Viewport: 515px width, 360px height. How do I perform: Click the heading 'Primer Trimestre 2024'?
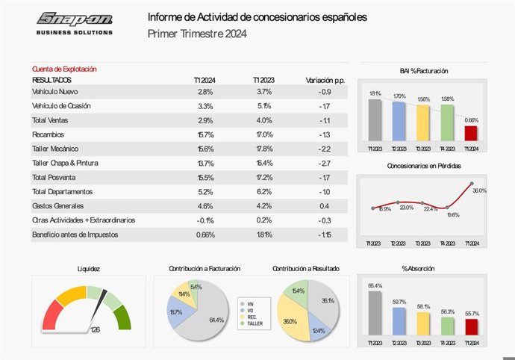pos(197,34)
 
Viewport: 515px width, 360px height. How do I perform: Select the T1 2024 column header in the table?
pos(205,79)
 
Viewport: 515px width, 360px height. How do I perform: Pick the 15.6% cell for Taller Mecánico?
pos(205,149)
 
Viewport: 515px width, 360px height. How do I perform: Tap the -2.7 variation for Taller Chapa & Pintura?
pos(324,163)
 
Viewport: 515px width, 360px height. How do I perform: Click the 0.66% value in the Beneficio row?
pos(205,235)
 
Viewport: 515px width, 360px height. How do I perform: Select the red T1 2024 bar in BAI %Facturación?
pos(471,133)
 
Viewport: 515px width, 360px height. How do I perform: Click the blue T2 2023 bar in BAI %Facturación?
pos(399,121)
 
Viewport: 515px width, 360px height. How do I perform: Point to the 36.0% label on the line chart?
pos(480,191)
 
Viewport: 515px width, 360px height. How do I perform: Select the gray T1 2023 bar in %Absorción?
pos(375,313)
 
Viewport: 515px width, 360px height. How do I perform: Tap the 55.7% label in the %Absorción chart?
pos(471,314)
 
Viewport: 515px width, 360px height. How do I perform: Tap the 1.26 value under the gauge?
pos(95,329)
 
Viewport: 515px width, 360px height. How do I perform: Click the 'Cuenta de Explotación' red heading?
pos(64,69)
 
